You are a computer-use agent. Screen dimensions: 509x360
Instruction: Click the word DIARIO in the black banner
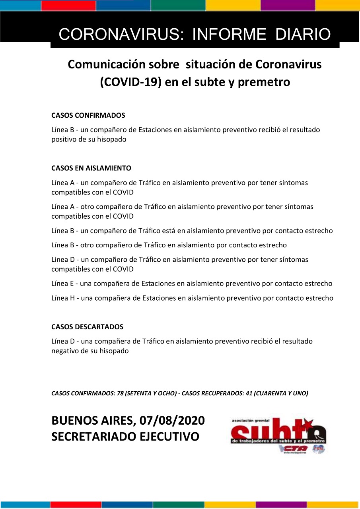[303, 35]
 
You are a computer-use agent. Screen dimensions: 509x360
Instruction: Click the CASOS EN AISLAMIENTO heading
[91, 168]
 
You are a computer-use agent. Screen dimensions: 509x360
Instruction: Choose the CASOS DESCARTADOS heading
[87, 327]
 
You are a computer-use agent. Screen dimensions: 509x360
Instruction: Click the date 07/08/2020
[172, 420]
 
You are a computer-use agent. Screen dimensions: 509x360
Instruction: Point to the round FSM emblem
[319, 449]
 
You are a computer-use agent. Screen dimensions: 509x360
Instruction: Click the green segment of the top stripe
[178, 5]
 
